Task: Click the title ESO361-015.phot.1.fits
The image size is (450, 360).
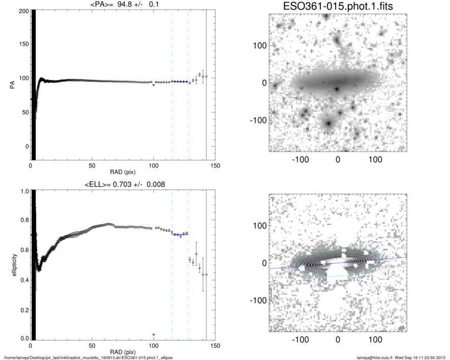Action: pyautogui.click(x=337, y=6)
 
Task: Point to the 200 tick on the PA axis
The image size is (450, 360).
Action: pyautogui.click(x=22, y=11)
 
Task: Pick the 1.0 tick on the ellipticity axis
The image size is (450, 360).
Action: pyautogui.click(x=23, y=192)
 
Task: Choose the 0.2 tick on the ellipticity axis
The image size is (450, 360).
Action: pyautogui.click(x=23, y=309)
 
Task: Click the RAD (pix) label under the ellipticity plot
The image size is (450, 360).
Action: pyautogui.click(x=123, y=352)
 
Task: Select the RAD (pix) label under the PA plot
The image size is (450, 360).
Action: pyautogui.click(x=123, y=172)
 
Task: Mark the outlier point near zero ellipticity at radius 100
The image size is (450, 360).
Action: pyautogui.click(x=154, y=335)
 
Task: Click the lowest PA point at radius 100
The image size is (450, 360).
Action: pyautogui.click(x=154, y=84)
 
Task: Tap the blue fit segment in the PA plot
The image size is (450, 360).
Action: pyautogui.click(x=180, y=81)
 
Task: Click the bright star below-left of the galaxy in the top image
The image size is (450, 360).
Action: pyautogui.click(x=328, y=124)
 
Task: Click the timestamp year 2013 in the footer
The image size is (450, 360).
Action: pyautogui.click(x=442, y=357)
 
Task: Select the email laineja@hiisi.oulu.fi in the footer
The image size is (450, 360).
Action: pyautogui.click(x=377, y=357)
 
